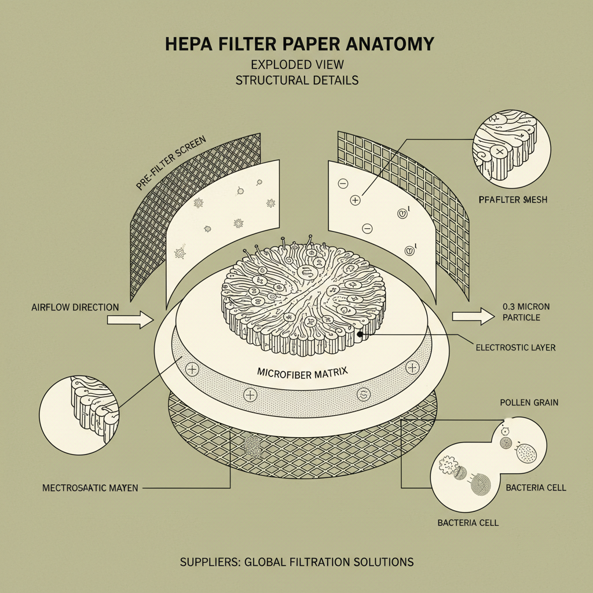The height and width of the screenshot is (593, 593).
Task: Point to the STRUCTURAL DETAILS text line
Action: pyautogui.click(x=296, y=80)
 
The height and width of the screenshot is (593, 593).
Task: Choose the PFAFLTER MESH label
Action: pyautogui.click(x=514, y=200)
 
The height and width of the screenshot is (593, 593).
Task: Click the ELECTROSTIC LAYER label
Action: pyautogui.click(x=515, y=348)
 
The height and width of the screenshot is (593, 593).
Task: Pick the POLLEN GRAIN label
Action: pyautogui.click(x=528, y=402)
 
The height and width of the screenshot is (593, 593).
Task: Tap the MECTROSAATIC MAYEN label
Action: pyautogui.click(x=90, y=488)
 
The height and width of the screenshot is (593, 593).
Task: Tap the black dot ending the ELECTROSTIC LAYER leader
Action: pyautogui.click(x=360, y=334)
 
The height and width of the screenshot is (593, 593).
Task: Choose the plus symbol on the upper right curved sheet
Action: pyautogui.click(x=355, y=200)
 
